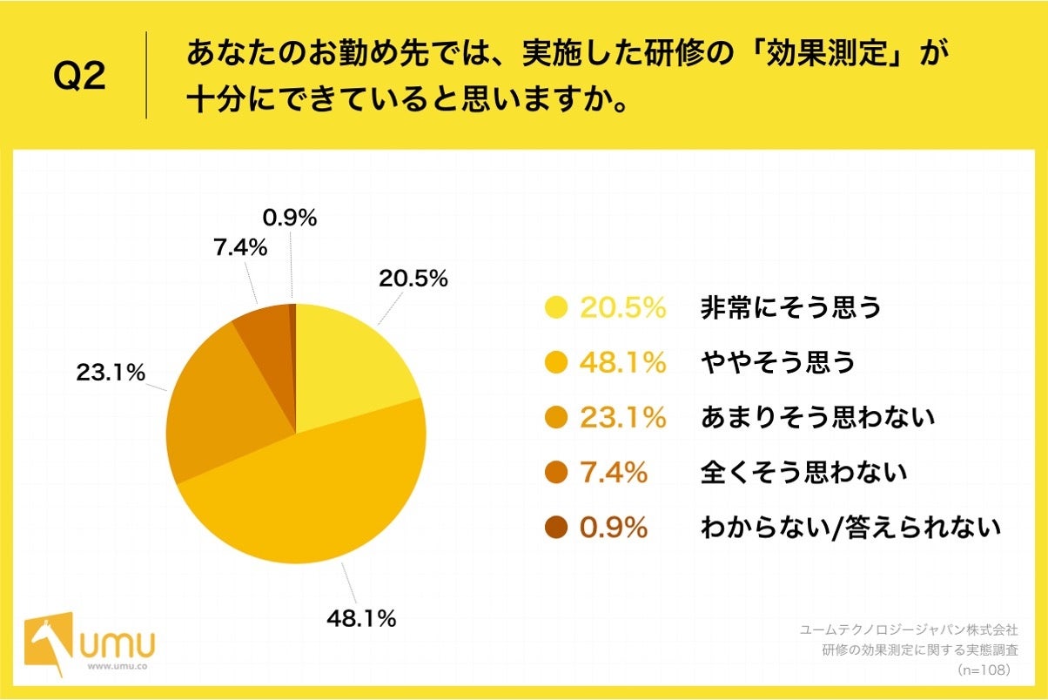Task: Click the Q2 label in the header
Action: (79, 77)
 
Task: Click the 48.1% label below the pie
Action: (361, 619)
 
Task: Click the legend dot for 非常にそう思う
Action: (555, 307)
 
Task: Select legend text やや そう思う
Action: (778, 362)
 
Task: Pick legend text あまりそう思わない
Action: (817, 417)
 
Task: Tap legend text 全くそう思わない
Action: (803, 473)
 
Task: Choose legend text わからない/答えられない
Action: (850, 528)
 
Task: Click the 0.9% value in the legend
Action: (614, 528)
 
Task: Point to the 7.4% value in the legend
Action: (614, 473)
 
